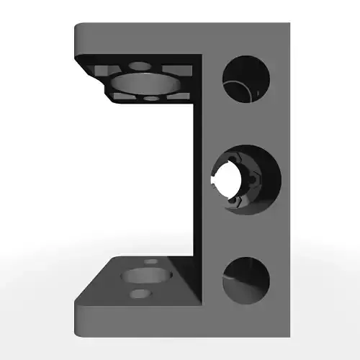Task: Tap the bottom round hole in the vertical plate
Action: pyautogui.click(x=246, y=279)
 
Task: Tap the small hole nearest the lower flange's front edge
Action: pyautogui.click(x=139, y=294)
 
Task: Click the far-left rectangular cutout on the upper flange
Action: pyautogui.click(x=102, y=71)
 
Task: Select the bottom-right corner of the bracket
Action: pyautogui.click(x=288, y=336)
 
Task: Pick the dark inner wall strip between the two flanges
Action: pyautogui.click(x=199, y=180)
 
